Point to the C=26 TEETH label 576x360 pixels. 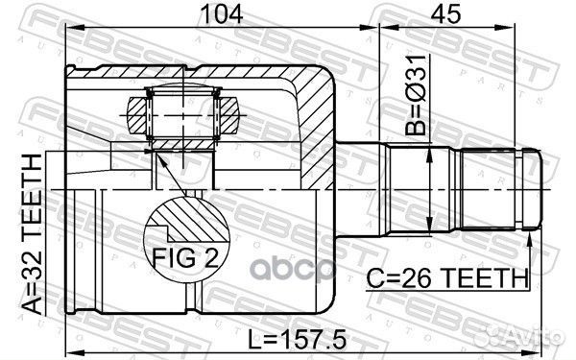[447, 277]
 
